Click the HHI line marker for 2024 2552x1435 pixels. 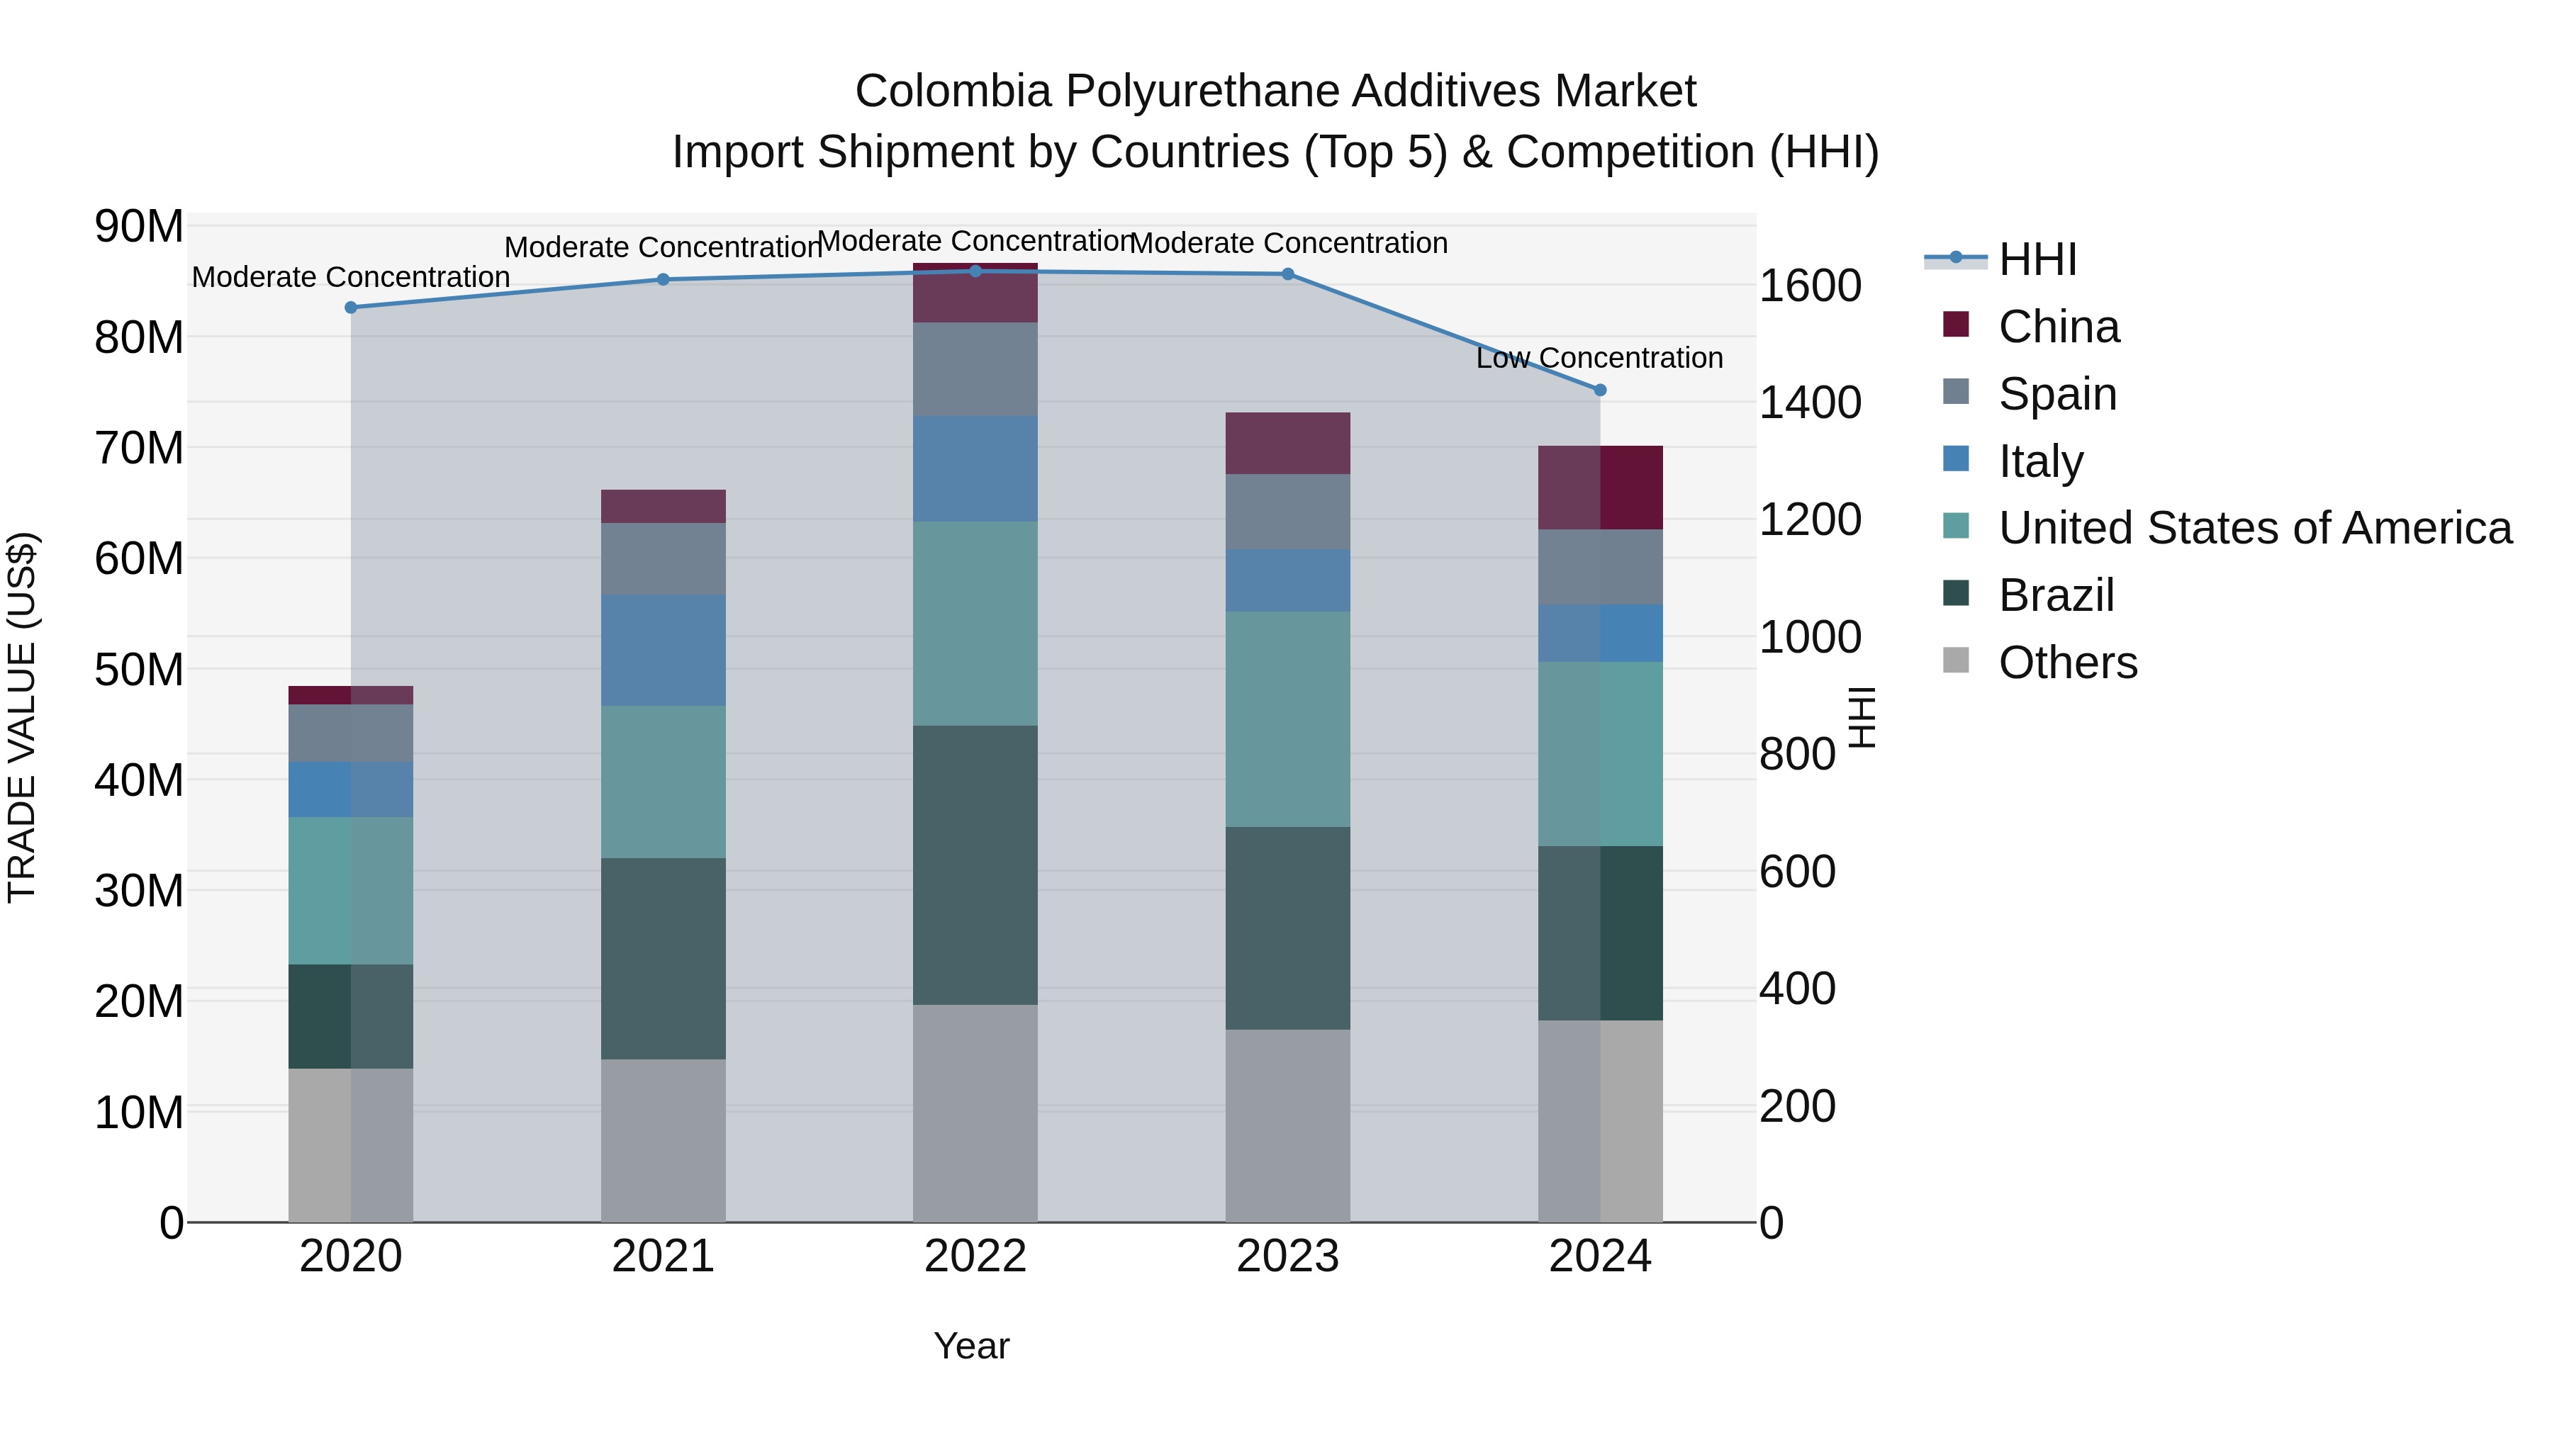point(1599,390)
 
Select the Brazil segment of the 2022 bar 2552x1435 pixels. point(975,865)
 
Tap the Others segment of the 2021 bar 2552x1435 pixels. point(663,1140)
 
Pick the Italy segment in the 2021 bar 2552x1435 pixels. point(663,650)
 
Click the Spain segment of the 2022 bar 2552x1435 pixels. point(975,369)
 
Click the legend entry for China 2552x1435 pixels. point(2058,327)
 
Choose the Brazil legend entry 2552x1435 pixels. point(2056,595)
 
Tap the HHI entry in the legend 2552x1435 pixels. point(2037,259)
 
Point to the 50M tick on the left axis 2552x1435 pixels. point(139,670)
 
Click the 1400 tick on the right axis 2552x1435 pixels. point(1809,403)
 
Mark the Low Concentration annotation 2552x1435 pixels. point(1599,358)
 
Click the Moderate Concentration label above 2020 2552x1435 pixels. point(351,277)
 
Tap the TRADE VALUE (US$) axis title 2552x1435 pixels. point(22,717)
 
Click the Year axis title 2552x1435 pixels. point(971,1346)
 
